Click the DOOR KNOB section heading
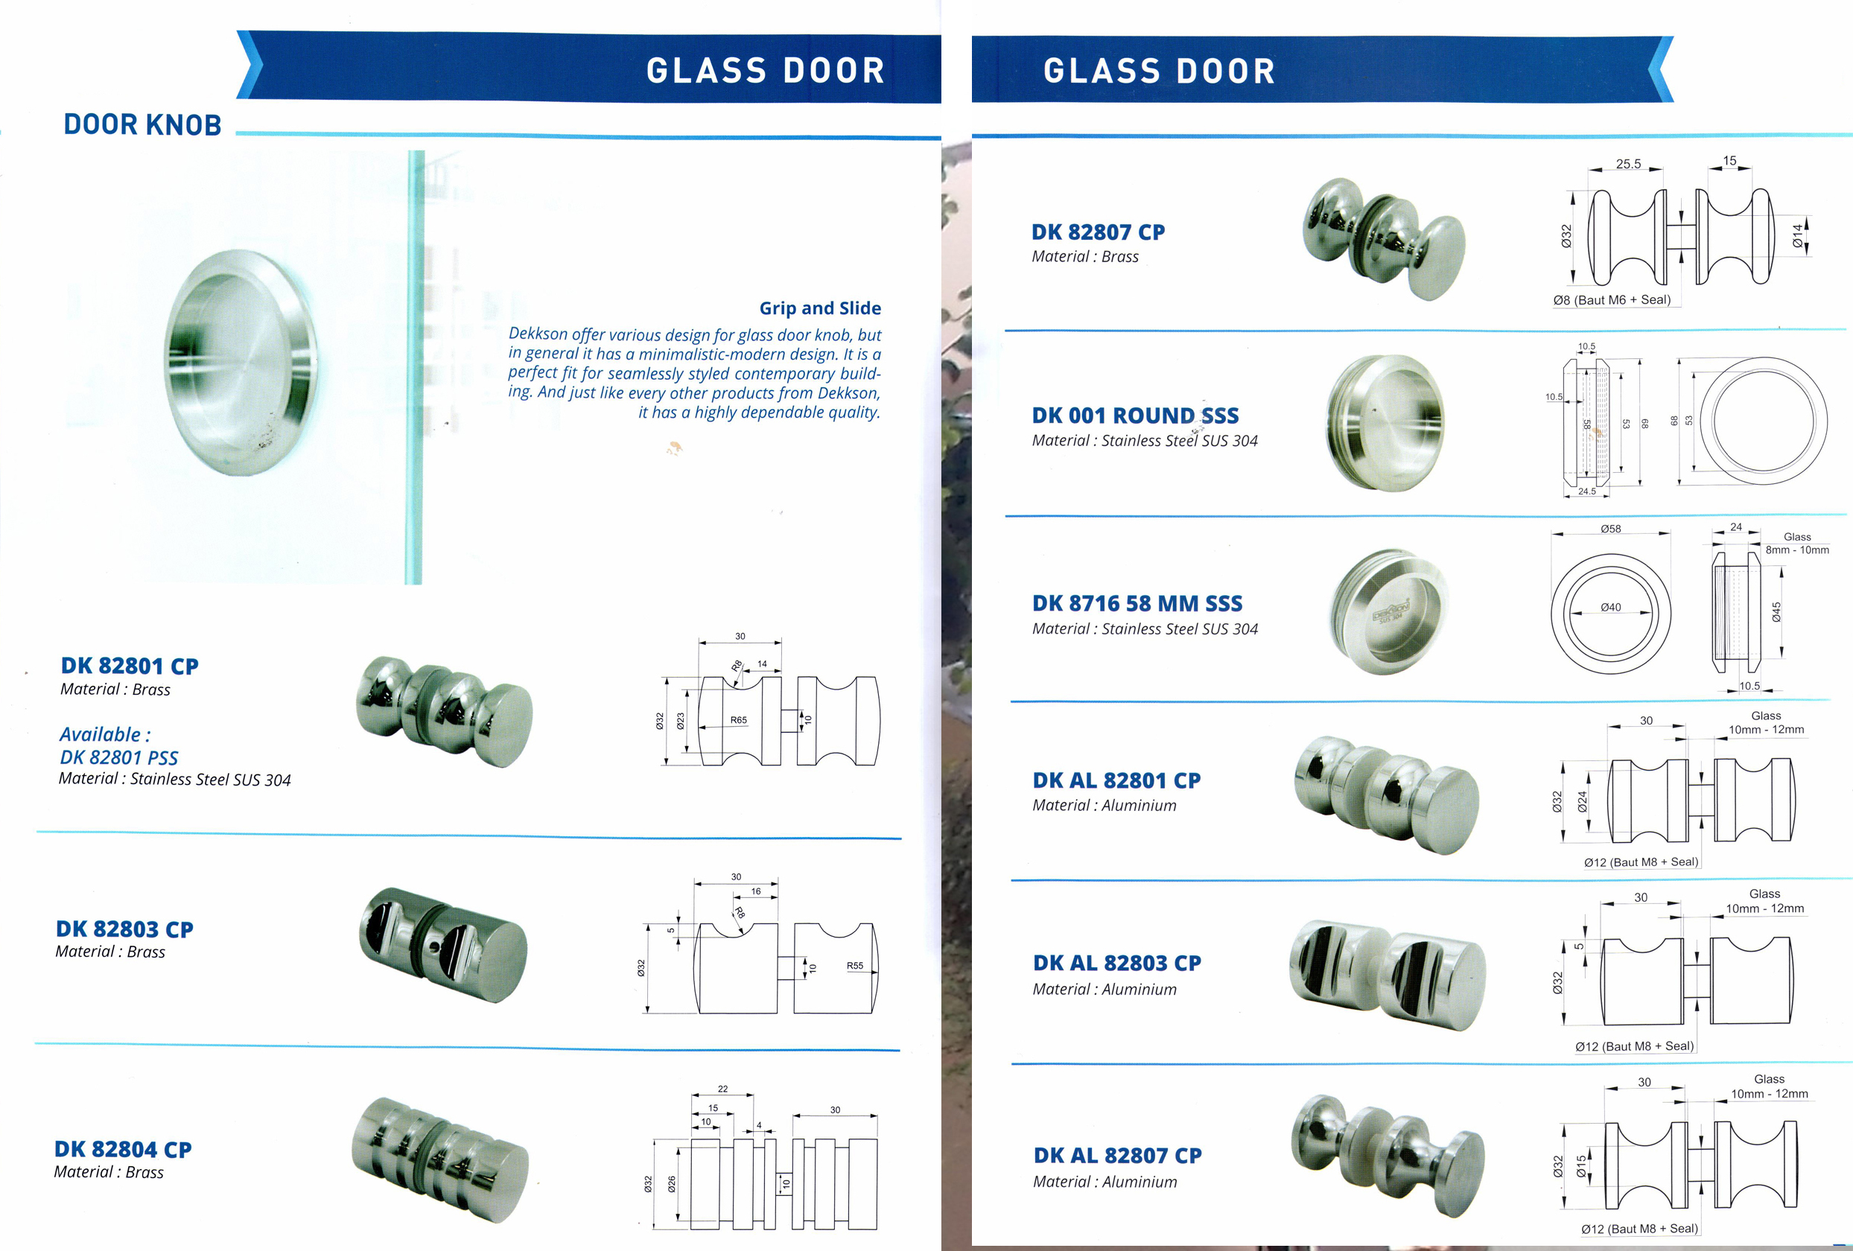tap(142, 125)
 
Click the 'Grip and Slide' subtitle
tap(820, 308)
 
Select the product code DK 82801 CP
tap(129, 666)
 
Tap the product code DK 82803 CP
tap(124, 929)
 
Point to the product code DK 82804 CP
tap(123, 1149)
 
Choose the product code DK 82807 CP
tap(1098, 232)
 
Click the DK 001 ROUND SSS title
tap(1134, 416)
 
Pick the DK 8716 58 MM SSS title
tap(1137, 604)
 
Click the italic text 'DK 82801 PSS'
tap(119, 757)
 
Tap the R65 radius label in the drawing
tap(738, 720)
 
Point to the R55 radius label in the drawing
tap(855, 966)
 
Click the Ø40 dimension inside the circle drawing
tap(1611, 607)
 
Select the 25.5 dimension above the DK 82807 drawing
tap(1628, 164)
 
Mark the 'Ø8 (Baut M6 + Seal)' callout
tap(1612, 300)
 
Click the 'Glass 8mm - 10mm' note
tap(1796, 543)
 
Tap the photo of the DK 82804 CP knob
tap(439, 1160)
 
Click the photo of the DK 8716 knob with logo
tap(1389, 612)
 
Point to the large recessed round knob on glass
tap(241, 363)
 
